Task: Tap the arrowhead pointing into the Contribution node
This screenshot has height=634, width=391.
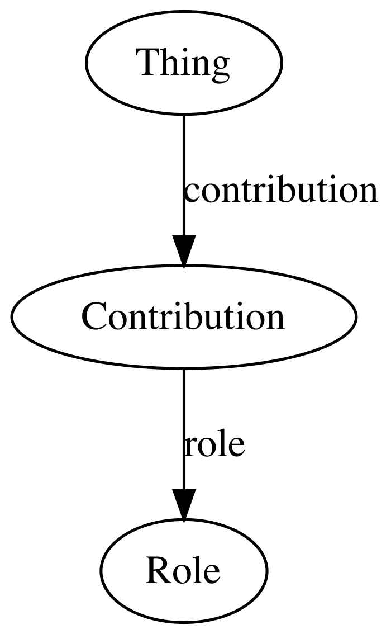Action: pyautogui.click(x=184, y=250)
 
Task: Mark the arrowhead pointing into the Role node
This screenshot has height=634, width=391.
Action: pyautogui.click(x=184, y=505)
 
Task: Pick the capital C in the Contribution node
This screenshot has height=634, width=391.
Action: pyautogui.click(x=94, y=316)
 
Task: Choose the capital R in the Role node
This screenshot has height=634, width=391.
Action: pyautogui.click(x=158, y=570)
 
